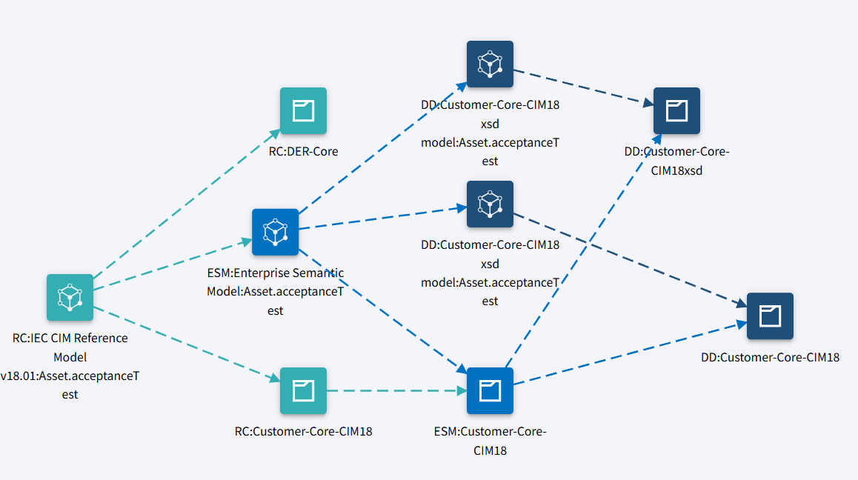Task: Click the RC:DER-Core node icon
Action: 303,111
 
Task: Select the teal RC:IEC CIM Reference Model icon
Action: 70,297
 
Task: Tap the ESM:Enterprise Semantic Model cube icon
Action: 275,232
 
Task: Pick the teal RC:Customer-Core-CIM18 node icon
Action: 303,390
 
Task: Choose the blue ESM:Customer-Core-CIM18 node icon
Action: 490,390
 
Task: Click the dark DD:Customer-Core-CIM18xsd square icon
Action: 676,111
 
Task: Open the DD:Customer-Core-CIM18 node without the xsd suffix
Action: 770,316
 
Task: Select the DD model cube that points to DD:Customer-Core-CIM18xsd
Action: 490,64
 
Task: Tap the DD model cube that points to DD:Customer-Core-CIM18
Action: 490,204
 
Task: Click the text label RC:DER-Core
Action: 303,151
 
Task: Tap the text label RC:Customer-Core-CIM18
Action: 303,430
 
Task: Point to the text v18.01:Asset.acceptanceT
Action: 70,376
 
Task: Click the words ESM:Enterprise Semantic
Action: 275,273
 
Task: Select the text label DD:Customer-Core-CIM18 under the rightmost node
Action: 770,357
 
